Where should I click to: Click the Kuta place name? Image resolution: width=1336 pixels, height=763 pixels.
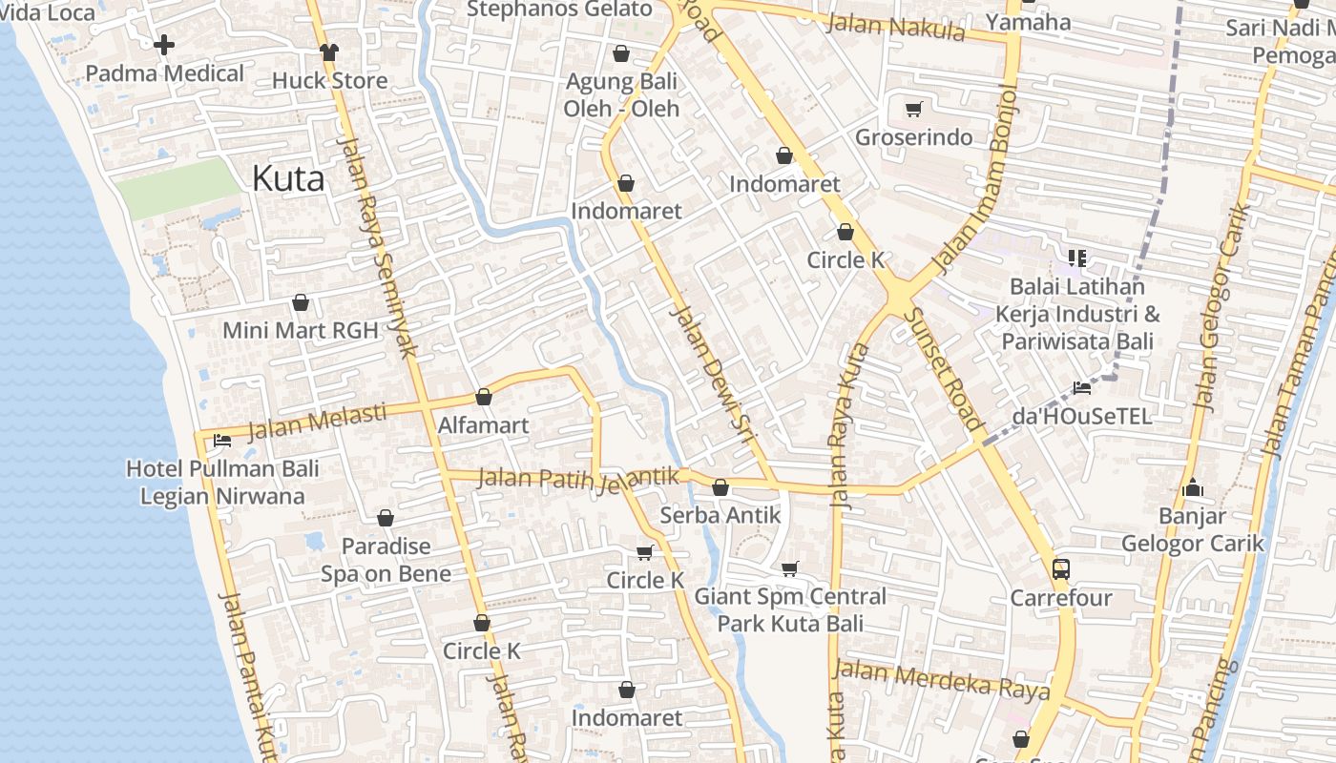point(288,179)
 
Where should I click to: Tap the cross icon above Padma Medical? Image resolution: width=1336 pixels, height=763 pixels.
point(164,45)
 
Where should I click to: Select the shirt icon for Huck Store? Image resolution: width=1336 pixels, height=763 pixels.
point(329,52)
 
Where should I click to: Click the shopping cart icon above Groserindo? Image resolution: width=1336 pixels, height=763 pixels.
point(913,109)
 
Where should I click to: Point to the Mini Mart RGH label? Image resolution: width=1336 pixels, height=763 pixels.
point(300,330)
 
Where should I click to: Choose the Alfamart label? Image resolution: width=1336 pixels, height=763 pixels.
point(483,425)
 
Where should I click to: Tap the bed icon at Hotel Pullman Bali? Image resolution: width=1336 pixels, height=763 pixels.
point(222,441)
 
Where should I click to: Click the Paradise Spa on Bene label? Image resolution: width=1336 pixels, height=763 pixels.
point(386,560)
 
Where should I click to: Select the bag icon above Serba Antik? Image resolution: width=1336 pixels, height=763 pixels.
point(720,487)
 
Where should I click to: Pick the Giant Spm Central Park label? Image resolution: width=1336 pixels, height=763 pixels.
point(790,610)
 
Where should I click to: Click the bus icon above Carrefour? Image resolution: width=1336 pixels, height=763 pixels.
point(1060,569)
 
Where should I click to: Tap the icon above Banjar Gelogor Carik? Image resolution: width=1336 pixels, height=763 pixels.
point(1192,488)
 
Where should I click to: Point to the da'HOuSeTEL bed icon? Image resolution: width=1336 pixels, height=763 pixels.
point(1081,387)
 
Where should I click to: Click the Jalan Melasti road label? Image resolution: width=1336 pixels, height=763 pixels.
point(317,422)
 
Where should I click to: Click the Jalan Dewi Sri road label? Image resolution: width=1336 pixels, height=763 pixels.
point(712,374)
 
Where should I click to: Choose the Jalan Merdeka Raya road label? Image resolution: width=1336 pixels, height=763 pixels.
point(941,678)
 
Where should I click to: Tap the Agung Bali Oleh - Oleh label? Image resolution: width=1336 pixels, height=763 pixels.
point(621,94)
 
